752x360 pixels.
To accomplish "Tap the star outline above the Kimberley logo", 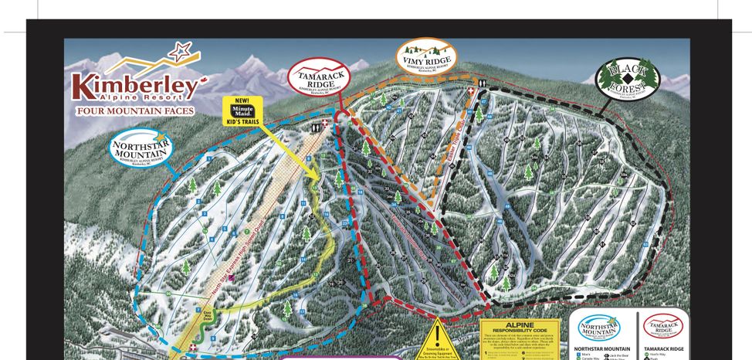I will tap(181, 53).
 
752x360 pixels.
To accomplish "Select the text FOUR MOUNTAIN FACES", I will tap(135, 110).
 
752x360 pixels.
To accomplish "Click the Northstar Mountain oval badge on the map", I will tap(139, 151).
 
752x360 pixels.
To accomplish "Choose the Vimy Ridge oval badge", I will tap(426, 56).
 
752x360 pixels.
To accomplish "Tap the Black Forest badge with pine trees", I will tap(627, 77).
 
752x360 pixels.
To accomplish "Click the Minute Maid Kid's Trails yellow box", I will tap(242, 109).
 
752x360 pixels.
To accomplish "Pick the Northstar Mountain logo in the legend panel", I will tap(599, 328).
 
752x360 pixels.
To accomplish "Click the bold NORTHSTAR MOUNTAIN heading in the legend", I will tap(599, 349).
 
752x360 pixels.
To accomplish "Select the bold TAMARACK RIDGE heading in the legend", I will tap(665, 349).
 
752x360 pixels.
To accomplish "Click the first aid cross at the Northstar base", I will tap(193, 348).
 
